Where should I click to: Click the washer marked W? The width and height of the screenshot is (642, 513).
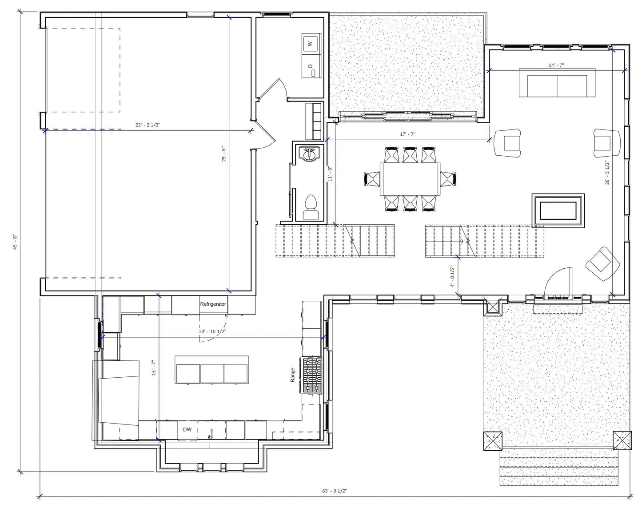[x=311, y=44]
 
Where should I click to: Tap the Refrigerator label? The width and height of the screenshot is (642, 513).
[x=213, y=304]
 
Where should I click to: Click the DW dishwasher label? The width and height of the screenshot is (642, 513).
[x=187, y=429]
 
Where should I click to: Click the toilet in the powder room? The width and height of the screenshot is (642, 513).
[x=311, y=207]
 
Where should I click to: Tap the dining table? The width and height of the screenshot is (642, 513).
[x=410, y=179]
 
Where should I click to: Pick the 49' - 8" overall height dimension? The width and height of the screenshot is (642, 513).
[x=15, y=242]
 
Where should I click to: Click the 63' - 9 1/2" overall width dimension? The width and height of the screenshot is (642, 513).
[x=335, y=491]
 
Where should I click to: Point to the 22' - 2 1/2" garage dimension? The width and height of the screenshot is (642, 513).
[x=148, y=125]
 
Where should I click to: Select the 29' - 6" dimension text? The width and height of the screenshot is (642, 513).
[x=224, y=154]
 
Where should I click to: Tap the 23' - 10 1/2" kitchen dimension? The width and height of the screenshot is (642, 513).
[x=213, y=331]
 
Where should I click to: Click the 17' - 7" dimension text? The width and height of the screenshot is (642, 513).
[x=407, y=134]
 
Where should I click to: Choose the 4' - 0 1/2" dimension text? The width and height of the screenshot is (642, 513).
[x=453, y=276]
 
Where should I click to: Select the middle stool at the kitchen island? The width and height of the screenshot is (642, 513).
[x=212, y=373]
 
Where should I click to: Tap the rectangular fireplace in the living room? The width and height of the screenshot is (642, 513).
[x=558, y=210]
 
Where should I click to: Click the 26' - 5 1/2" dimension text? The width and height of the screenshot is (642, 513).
[x=608, y=173]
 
